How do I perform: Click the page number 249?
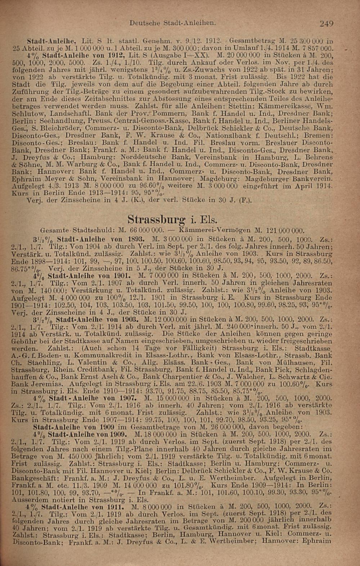click(x=327, y=24)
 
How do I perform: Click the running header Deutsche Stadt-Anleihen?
click(x=173, y=22)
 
